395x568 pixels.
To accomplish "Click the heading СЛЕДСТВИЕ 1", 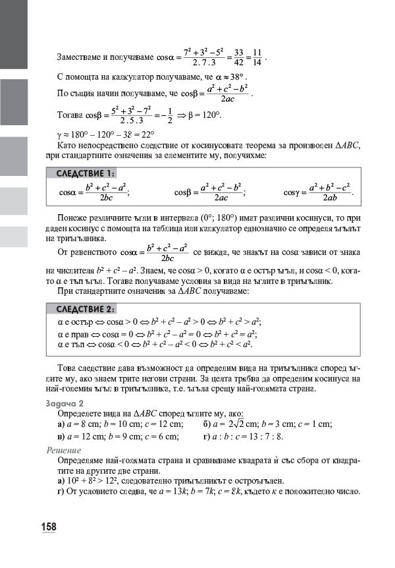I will coord(86,173).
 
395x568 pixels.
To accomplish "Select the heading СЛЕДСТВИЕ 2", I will coord(86,309).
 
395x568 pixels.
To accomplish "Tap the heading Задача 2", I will coord(65,402).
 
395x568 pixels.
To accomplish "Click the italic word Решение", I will coord(64,450).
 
